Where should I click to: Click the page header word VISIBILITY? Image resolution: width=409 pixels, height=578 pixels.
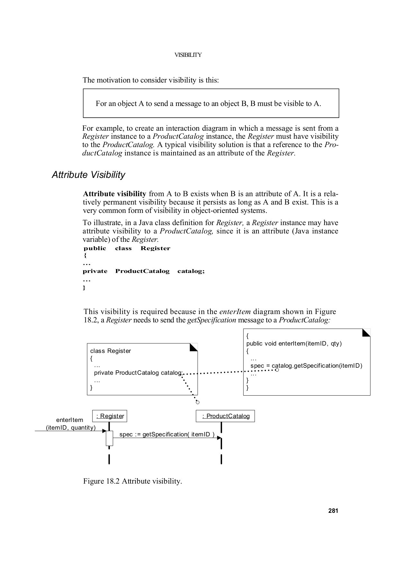(188, 55)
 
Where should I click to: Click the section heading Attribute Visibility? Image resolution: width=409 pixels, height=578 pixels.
(88, 175)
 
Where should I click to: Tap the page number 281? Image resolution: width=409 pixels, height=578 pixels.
(333, 511)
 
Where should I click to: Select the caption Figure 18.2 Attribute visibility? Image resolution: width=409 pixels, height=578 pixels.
(132, 481)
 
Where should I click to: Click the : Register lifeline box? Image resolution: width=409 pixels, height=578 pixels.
(110, 416)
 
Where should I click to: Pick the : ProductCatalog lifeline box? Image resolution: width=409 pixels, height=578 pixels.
(225, 416)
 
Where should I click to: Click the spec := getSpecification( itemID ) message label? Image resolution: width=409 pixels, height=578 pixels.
(167, 434)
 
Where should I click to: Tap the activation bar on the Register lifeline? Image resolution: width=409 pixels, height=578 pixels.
(110, 438)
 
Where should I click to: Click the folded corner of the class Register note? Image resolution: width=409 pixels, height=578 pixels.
(194, 347)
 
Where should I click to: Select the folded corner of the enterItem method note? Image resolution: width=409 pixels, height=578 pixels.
(367, 332)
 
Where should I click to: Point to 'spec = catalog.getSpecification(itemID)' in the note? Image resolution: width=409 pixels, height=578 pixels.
(306, 366)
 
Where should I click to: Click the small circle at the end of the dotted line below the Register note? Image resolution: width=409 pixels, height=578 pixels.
(198, 402)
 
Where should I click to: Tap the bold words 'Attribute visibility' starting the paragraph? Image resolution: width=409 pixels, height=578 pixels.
(114, 194)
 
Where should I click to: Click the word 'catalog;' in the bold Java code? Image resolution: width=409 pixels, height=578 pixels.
(191, 271)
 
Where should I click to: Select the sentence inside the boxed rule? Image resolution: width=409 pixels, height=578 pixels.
(208, 104)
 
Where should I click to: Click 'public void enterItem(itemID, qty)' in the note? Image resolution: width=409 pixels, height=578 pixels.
(294, 344)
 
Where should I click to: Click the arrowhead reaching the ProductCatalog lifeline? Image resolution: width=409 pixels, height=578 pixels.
(219, 438)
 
